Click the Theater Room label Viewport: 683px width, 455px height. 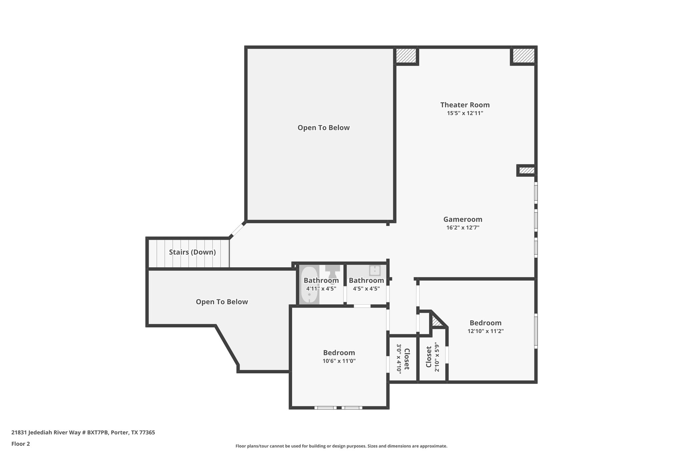click(x=465, y=105)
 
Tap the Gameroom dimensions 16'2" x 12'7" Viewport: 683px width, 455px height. click(x=463, y=228)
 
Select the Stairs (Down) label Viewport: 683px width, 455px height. click(x=192, y=252)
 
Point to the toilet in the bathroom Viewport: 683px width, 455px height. click(x=332, y=271)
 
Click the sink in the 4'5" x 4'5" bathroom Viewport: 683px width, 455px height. click(x=375, y=270)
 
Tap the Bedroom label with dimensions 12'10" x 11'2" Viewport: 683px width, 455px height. click(x=485, y=323)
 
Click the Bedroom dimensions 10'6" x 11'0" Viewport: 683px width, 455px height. click(x=339, y=361)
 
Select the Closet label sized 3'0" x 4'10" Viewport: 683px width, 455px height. click(x=407, y=359)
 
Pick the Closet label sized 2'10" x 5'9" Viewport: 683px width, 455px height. click(x=429, y=357)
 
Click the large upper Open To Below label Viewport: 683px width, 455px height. click(x=323, y=128)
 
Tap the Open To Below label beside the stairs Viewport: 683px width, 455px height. click(x=222, y=302)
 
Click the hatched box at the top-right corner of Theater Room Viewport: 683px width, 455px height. click(x=523, y=55)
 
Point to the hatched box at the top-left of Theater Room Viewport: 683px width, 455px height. click(x=406, y=56)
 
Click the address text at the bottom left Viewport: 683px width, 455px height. click(x=83, y=433)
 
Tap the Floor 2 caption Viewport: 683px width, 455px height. click(x=21, y=444)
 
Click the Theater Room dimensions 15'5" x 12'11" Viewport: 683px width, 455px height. click(x=465, y=113)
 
